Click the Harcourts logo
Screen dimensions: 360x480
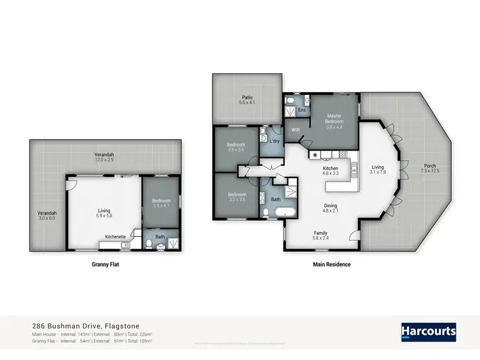428,331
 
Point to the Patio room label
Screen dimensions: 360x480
247,100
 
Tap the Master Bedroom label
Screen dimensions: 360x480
335,120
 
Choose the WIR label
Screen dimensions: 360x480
296,129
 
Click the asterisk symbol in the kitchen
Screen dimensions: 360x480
315,155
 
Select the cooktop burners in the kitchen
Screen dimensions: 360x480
343,154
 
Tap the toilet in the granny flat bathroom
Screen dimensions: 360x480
148,243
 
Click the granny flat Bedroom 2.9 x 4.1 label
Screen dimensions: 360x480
161,202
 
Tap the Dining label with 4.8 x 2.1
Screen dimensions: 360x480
330,207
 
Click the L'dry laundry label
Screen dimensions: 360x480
275,140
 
